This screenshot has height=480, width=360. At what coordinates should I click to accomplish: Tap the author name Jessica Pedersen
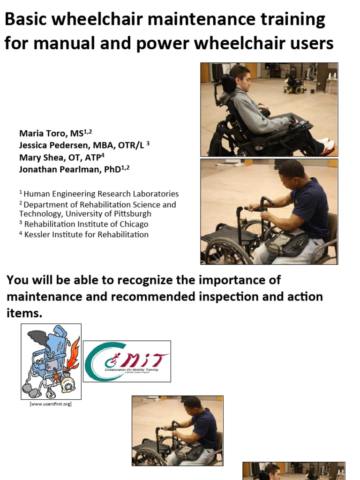click(52, 145)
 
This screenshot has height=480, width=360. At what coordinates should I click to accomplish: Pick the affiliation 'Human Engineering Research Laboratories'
click(101, 194)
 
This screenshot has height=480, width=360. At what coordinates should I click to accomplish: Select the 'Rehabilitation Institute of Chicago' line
click(86, 224)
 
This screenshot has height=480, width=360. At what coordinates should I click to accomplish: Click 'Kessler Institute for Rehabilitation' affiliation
click(86, 234)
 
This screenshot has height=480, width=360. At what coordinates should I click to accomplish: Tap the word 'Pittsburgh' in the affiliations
click(130, 214)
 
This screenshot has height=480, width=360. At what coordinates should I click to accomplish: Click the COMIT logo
click(127, 361)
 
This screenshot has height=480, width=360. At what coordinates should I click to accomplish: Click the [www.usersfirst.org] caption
click(51, 404)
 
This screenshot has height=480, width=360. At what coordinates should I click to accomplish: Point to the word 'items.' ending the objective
click(24, 314)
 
